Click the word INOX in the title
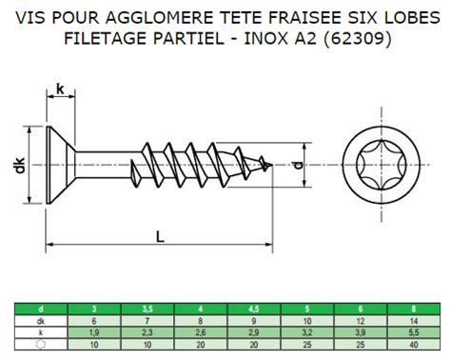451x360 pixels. (284, 40)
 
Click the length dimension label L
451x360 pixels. (161, 236)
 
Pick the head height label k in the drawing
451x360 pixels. (60, 90)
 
